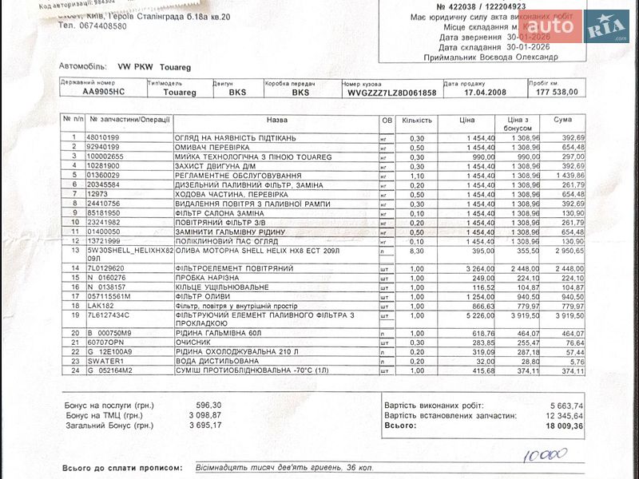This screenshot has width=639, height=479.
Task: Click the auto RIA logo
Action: coord(586,27)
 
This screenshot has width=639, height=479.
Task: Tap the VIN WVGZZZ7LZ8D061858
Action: coord(391,92)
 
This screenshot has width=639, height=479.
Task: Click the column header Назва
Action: coord(276,120)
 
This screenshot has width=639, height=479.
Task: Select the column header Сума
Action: coord(563,120)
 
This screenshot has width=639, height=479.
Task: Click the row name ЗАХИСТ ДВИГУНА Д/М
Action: coord(215,166)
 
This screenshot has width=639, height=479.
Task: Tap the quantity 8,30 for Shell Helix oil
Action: coord(416,250)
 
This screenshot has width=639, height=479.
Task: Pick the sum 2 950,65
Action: coord(569,250)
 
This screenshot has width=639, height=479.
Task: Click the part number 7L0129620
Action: coord(107,268)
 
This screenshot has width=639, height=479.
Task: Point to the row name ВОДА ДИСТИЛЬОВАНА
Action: coord(214,361)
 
